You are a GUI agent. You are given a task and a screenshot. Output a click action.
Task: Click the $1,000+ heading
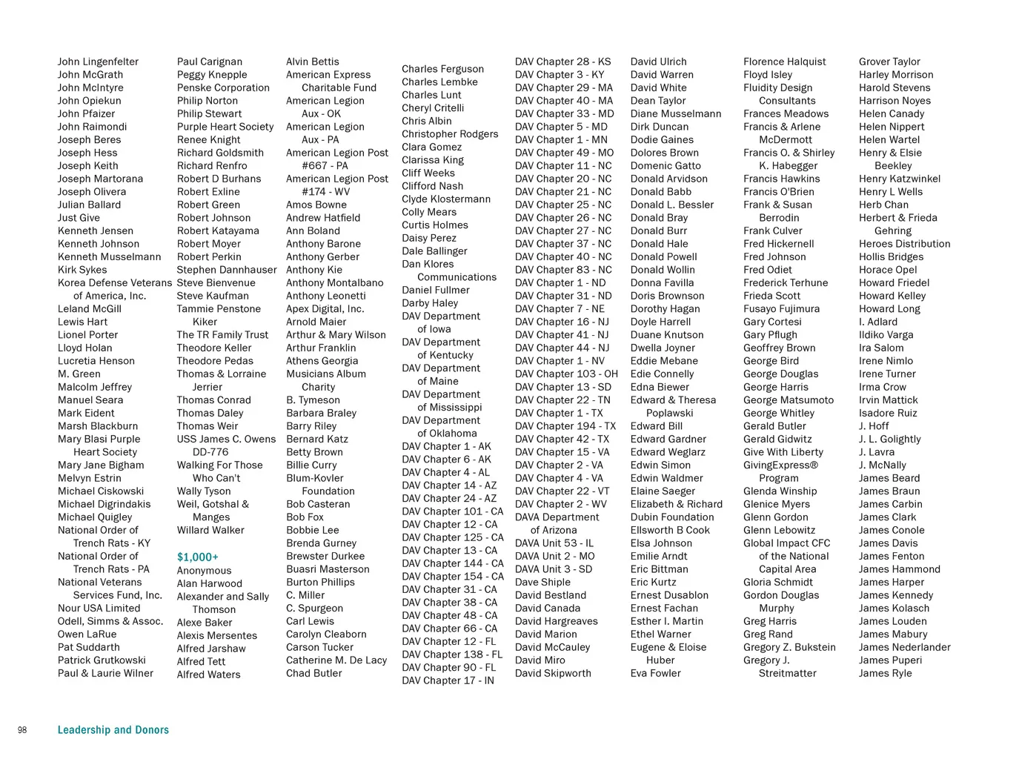point(197,557)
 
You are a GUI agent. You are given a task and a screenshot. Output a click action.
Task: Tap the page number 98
point(22,731)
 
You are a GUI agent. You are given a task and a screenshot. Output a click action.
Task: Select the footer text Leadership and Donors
point(113,730)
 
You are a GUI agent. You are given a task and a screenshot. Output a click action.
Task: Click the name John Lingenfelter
point(98,62)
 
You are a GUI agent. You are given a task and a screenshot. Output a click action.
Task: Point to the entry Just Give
point(79,218)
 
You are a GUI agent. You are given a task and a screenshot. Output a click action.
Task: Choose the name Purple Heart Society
point(225,127)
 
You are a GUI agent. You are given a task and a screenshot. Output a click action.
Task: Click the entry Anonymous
point(204,571)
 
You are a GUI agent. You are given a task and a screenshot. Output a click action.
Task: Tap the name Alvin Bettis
point(313,62)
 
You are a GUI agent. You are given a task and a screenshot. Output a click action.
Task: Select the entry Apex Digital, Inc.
point(325,309)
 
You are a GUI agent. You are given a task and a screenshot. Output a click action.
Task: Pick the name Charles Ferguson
point(442,69)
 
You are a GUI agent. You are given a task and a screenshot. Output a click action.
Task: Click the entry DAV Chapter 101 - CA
point(452,511)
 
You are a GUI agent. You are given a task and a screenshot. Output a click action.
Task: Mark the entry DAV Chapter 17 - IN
point(448,680)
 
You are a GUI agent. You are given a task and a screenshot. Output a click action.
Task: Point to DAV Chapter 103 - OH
point(566,374)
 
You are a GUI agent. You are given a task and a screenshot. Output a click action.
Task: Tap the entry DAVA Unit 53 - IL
point(554,543)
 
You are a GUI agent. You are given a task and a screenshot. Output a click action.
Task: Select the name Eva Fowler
point(656,673)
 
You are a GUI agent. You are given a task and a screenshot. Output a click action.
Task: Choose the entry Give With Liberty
point(783,452)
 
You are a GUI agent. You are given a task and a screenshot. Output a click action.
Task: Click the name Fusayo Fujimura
point(781,309)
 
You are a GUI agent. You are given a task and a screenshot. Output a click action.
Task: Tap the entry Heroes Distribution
point(904,244)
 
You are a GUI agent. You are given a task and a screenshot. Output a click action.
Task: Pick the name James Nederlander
point(904,647)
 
